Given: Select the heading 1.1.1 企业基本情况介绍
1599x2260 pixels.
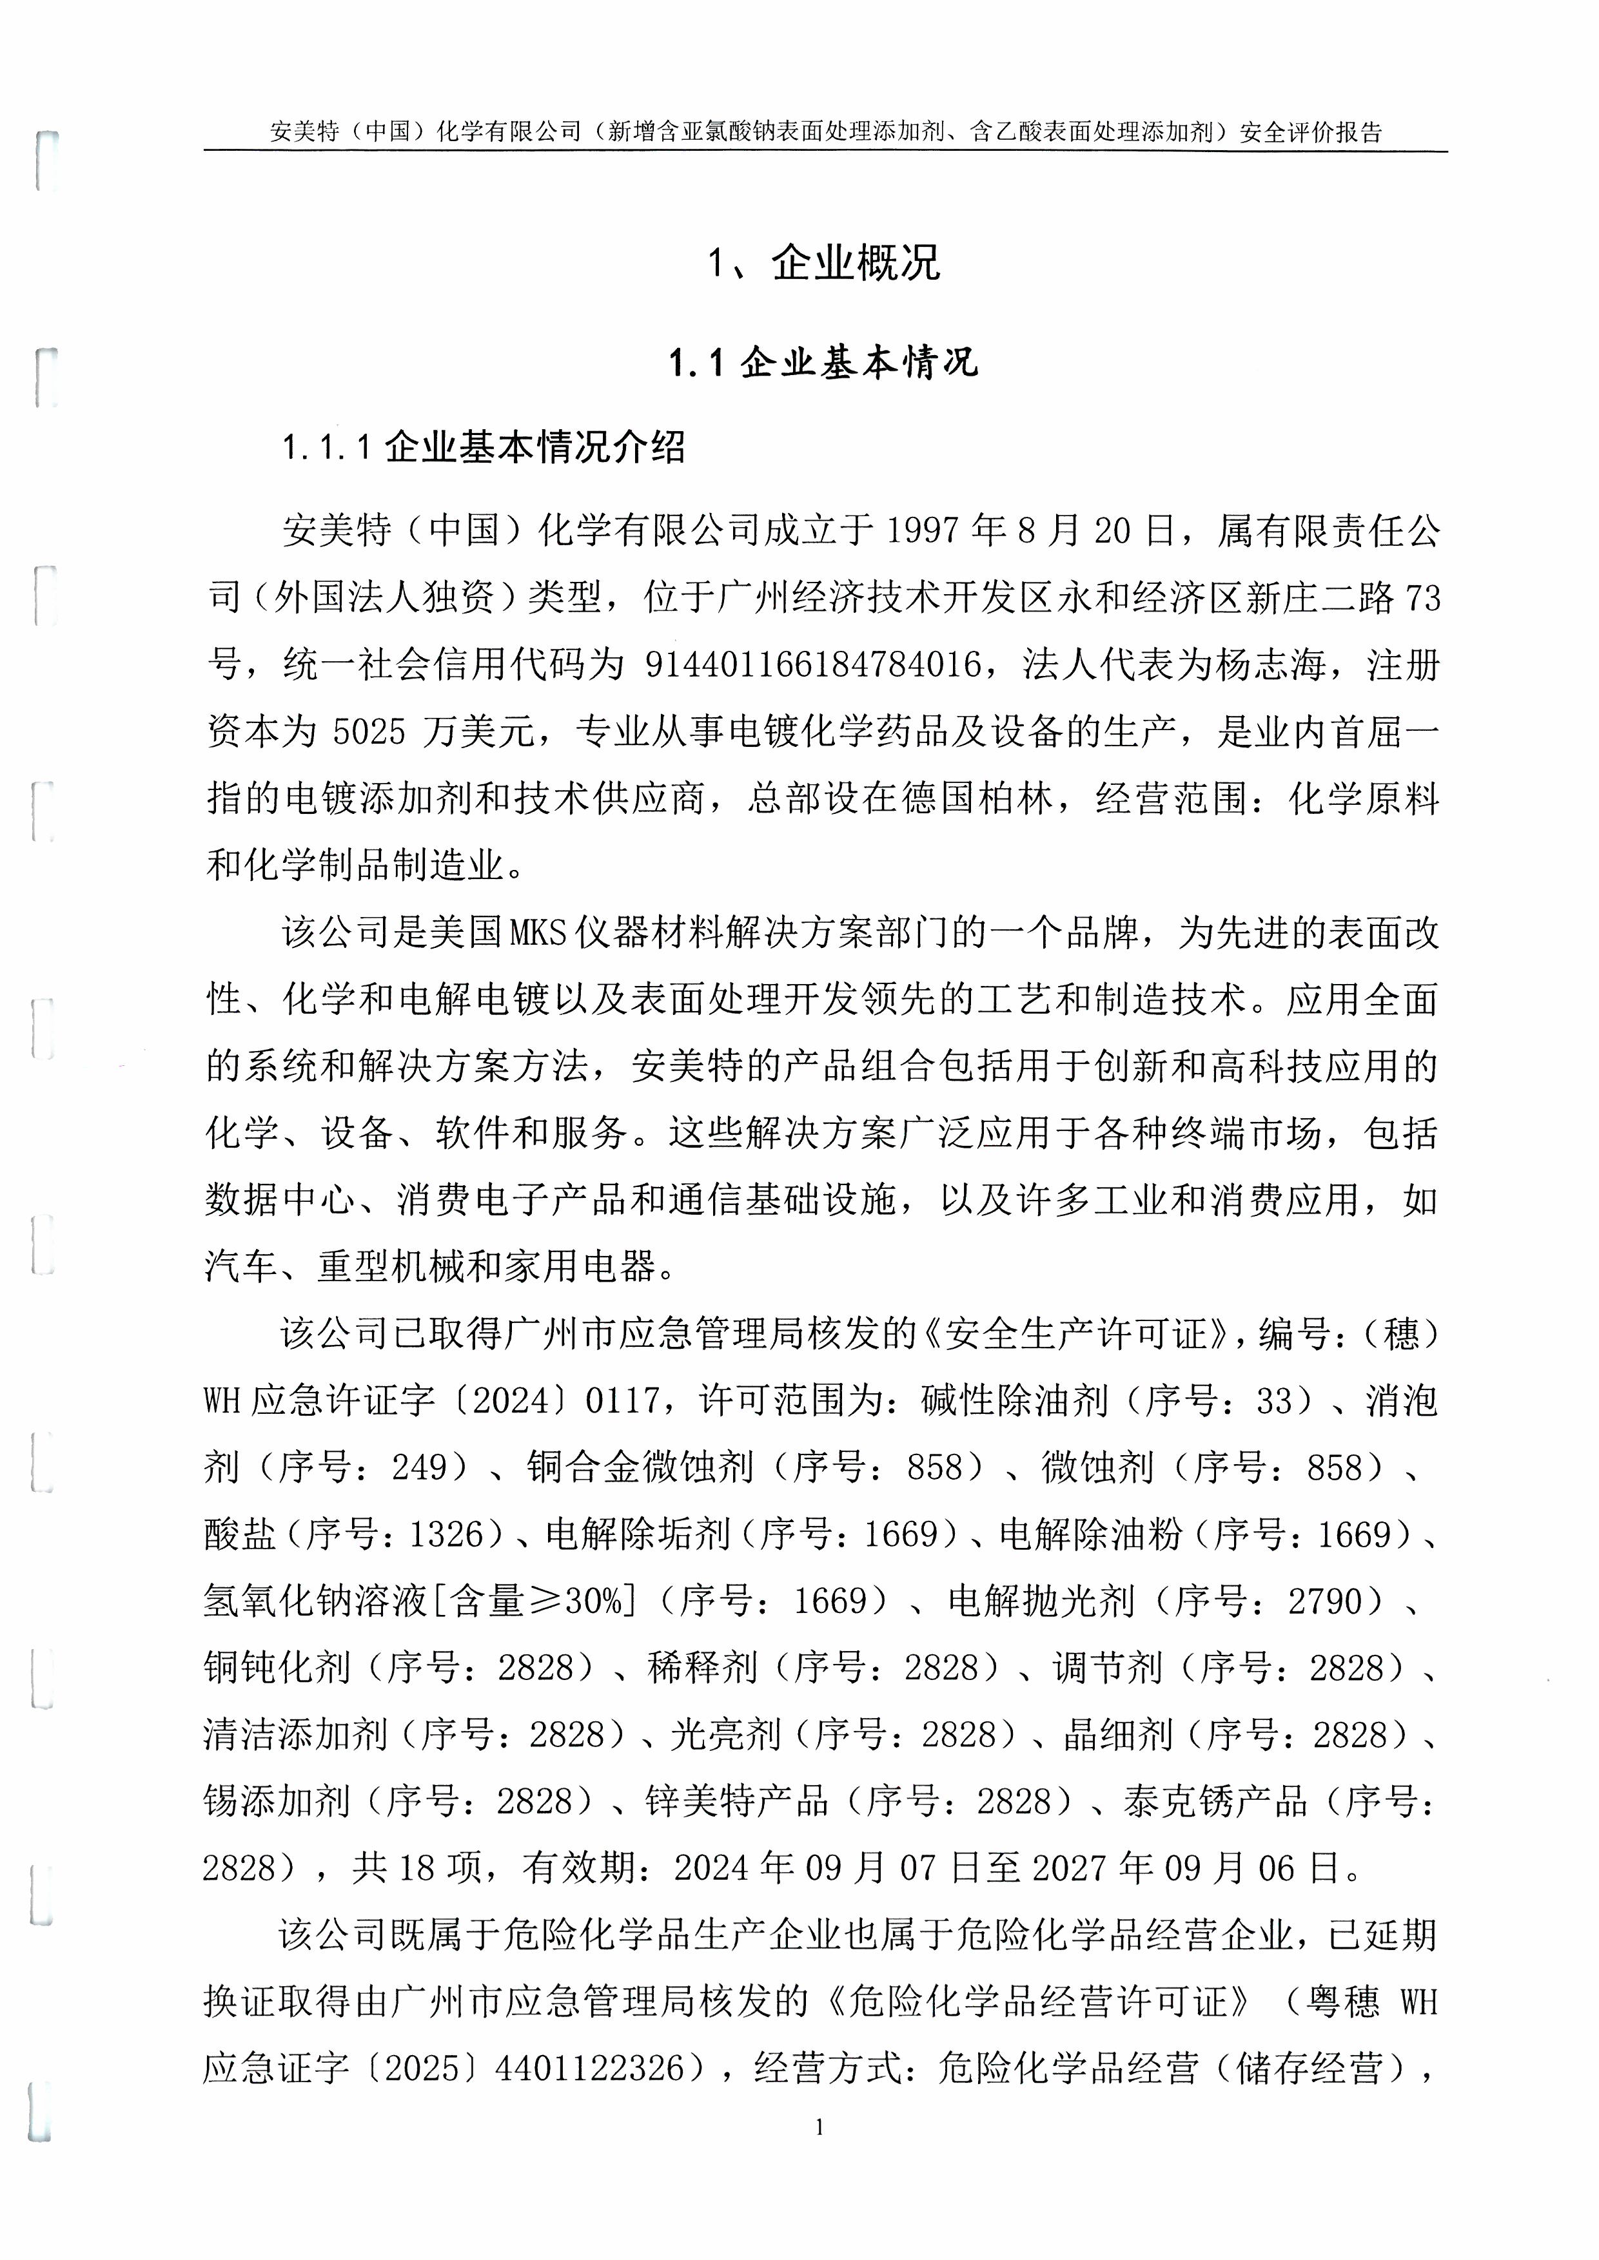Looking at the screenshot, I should [x=484, y=448].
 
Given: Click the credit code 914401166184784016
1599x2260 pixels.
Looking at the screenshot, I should [x=813, y=666].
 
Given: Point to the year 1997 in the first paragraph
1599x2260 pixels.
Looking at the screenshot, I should [x=923, y=532].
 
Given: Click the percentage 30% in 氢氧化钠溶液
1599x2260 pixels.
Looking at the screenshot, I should [x=592, y=1601].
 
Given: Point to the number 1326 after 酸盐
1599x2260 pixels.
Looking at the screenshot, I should [x=447, y=1534].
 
